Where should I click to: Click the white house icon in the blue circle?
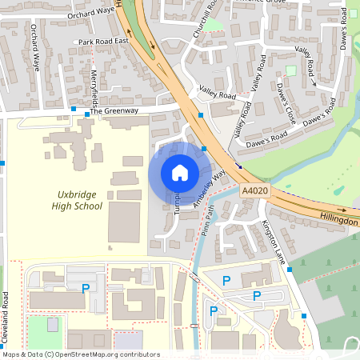(179, 173)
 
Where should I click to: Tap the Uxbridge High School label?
(80, 200)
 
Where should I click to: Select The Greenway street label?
(114, 111)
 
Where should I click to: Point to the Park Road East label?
(104, 41)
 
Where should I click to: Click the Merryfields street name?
(94, 89)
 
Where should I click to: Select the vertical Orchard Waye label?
(35, 48)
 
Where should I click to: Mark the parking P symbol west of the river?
(86, 286)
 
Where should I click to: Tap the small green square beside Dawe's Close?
(290, 70)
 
